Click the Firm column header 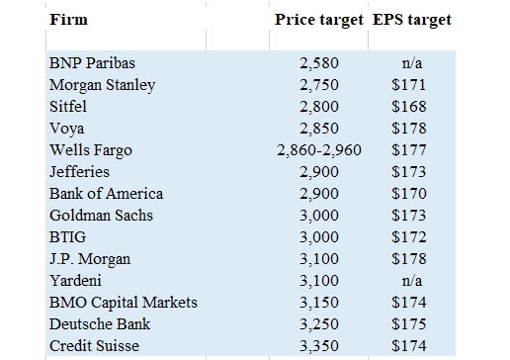(68, 20)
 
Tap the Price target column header (319, 20)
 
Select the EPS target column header (412, 20)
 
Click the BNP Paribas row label (92, 63)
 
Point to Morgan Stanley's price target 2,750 (319, 85)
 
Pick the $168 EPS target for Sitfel (409, 107)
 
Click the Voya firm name (67, 129)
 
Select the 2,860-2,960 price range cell (319, 150)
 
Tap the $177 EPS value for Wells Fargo (409, 150)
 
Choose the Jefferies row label (79, 172)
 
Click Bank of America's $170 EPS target (409, 194)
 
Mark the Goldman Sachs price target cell (319, 216)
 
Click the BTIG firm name (67, 237)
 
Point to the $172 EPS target (409, 237)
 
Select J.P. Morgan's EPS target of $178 (409, 259)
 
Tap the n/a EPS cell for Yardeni (412, 281)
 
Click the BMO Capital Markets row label (124, 303)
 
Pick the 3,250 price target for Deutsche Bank (319, 324)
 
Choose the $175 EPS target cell (409, 324)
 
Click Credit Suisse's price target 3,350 (319, 346)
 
